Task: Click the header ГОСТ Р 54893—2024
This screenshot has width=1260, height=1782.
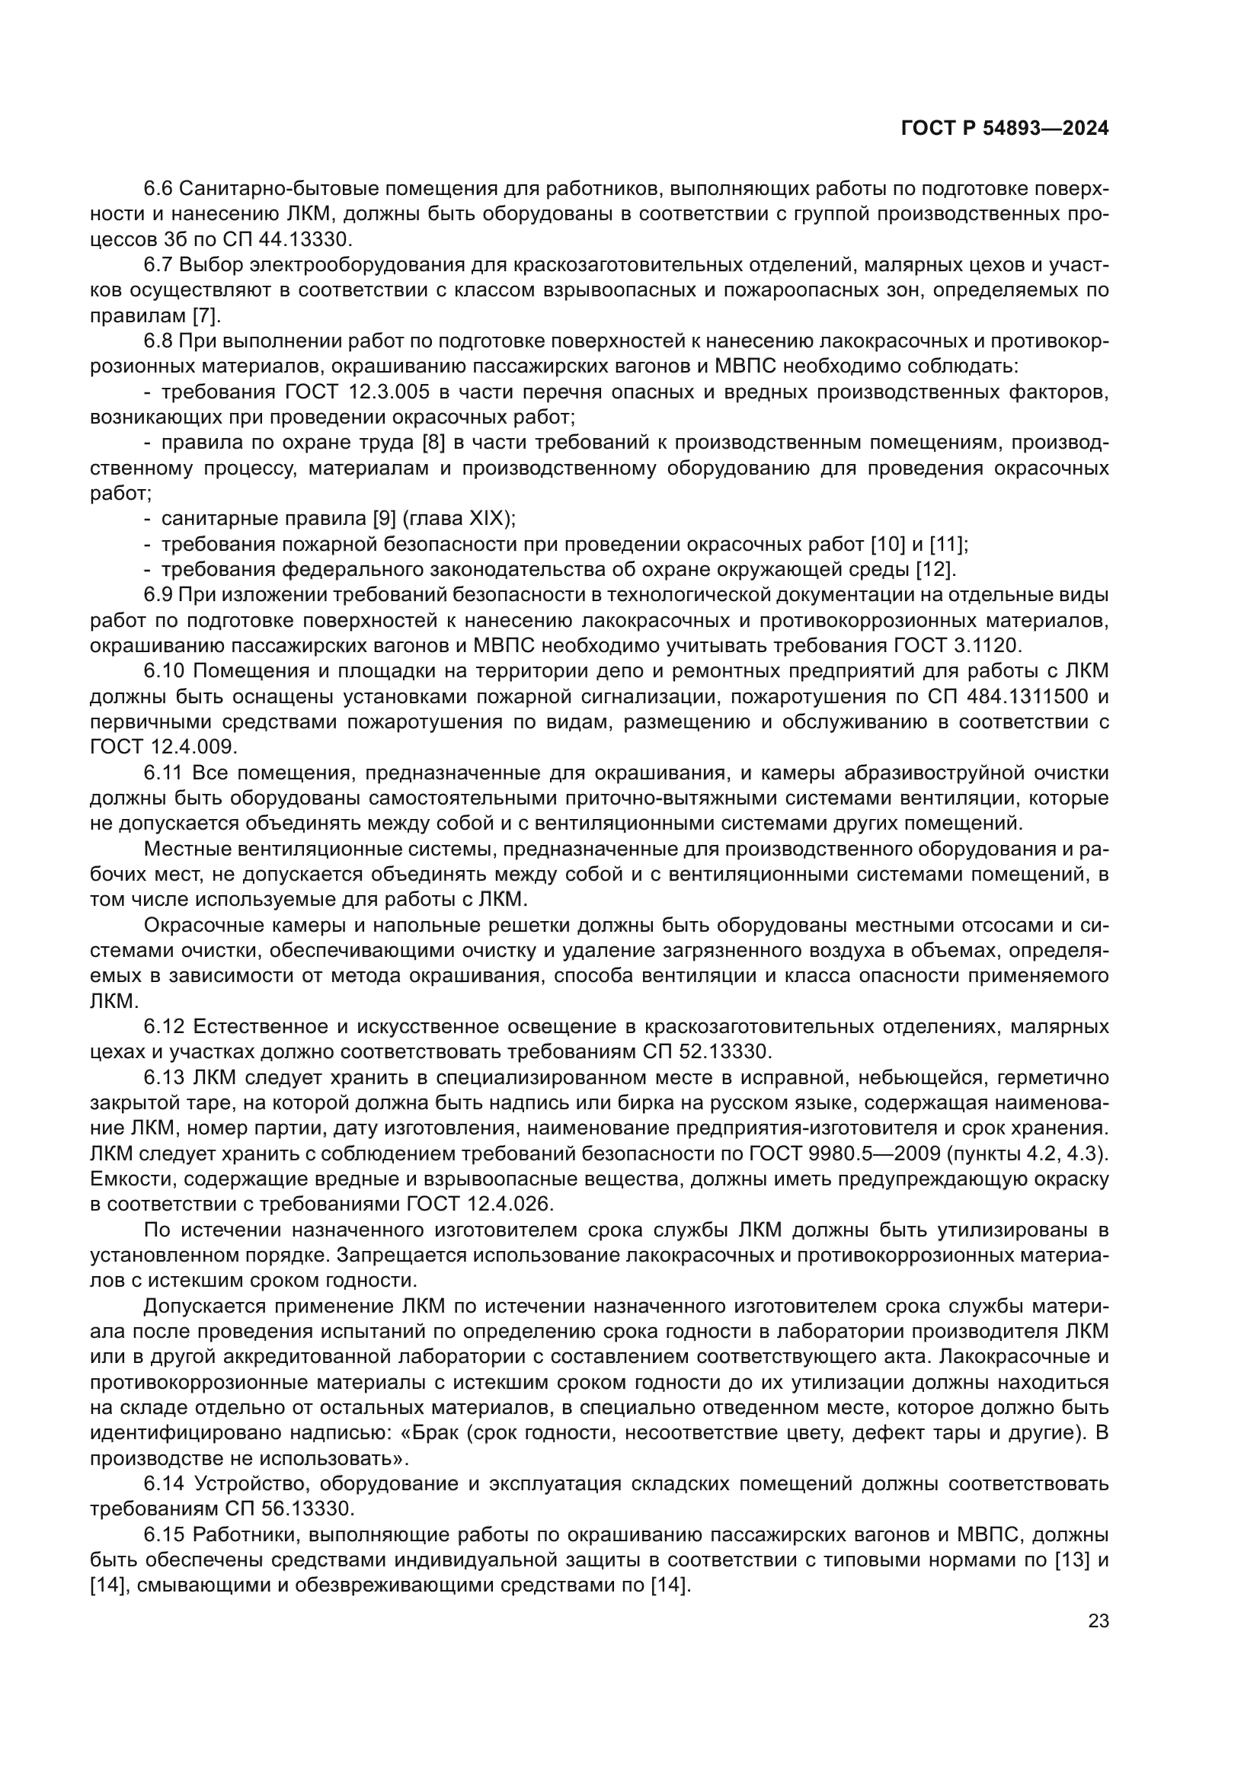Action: coord(1004,129)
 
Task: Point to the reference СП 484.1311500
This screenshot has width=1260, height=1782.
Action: coord(1008,696)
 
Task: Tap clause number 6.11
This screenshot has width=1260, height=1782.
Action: coord(163,773)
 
